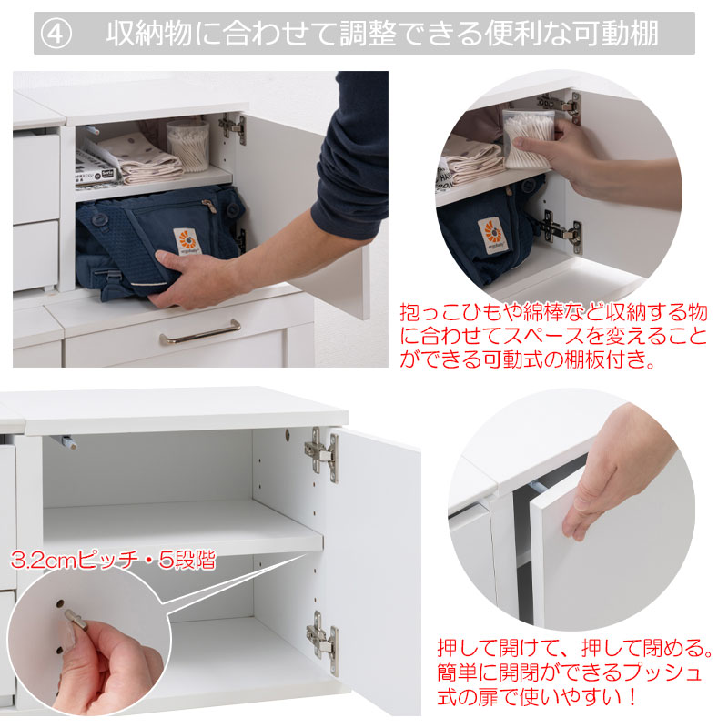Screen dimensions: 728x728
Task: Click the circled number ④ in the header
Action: pos(56,34)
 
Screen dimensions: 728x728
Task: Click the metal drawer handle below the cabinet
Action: pos(200,333)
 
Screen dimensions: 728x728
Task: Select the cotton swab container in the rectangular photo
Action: pos(188,146)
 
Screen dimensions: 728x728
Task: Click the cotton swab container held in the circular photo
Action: pos(528,138)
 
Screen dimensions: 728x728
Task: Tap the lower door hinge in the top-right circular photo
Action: pos(561,231)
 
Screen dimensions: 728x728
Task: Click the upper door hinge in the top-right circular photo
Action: pos(561,106)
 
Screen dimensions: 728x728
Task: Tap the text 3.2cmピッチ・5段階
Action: pos(113,560)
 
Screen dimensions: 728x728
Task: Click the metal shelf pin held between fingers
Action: pos(76,621)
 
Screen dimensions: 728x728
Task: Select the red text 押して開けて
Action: pos(498,648)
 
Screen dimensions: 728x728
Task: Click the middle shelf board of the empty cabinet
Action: pos(183,526)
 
